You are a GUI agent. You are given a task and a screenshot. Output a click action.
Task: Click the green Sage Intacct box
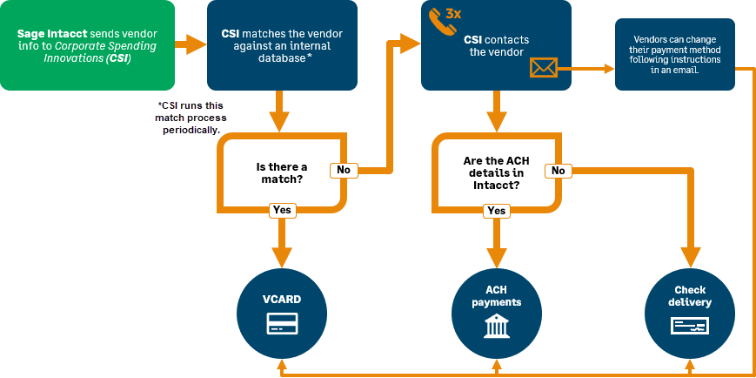[x=87, y=45]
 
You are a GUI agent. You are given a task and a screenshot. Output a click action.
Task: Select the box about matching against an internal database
[x=282, y=45]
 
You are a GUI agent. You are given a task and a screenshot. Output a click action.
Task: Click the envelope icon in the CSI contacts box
[x=543, y=67]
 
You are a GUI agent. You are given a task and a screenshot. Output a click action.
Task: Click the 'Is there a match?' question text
[x=281, y=172]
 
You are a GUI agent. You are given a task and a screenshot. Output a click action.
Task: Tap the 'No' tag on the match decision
[x=344, y=170]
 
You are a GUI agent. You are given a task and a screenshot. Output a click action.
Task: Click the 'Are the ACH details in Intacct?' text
[x=497, y=172]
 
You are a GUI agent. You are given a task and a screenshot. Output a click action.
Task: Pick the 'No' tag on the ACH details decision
[x=558, y=171]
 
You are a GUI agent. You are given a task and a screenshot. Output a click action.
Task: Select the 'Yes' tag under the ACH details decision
[x=497, y=211]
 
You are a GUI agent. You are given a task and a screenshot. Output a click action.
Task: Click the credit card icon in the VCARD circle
[x=282, y=325]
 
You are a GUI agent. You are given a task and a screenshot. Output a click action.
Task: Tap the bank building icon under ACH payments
[x=497, y=327]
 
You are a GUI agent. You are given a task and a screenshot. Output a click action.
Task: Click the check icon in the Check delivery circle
[x=690, y=326]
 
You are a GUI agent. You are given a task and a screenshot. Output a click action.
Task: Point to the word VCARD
[x=282, y=300]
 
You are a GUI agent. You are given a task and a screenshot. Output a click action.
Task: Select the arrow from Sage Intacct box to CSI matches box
[x=191, y=44]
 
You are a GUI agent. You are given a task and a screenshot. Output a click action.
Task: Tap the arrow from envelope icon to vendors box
[x=590, y=67]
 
